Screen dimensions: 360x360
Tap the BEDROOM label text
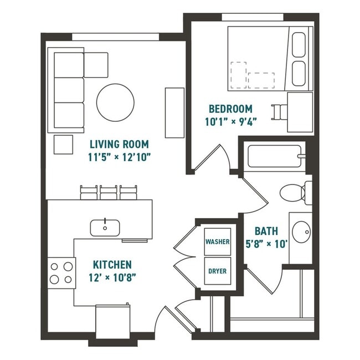point(230,109)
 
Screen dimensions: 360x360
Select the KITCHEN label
point(112,265)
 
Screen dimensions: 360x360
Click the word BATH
point(266,231)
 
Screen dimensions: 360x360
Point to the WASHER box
point(218,241)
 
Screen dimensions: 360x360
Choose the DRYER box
point(218,271)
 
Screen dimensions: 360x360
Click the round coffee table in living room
point(115,102)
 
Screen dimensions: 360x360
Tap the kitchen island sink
point(105,227)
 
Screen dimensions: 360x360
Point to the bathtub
point(275,157)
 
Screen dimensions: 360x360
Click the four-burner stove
point(62,273)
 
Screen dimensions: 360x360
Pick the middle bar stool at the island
point(109,192)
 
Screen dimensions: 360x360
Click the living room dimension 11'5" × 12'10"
point(120,157)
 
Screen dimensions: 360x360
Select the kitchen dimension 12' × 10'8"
point(111,277)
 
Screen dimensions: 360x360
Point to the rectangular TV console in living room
point(174,112)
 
